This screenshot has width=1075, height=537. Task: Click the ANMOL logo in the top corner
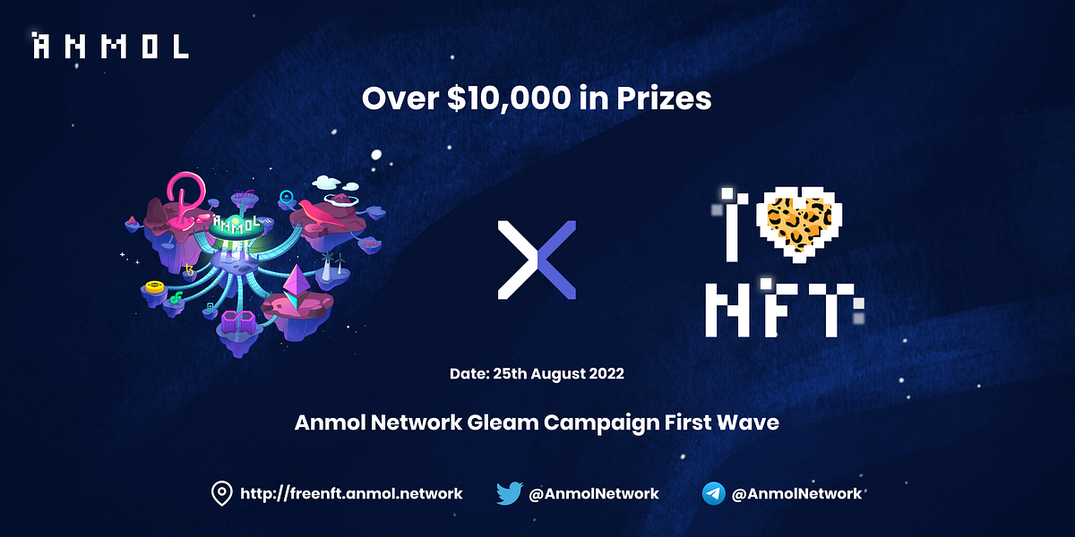pyautogui.click(x=110, y=46)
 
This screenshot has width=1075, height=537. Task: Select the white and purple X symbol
pyautogui.click(x=537, y=260)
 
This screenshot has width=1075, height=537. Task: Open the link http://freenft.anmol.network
pyautogui.click(x=351, y=493)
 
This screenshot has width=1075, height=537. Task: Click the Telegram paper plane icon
pyautogui.click(x=714, y=493)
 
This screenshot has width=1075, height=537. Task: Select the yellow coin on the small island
pyautogui.click(x=155, y=287)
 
